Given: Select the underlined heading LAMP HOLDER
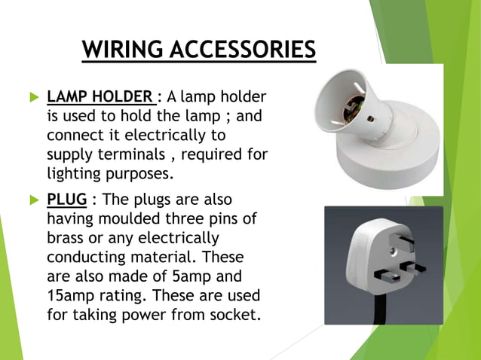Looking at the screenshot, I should pos(101,97).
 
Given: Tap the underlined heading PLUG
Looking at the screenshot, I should pos(66,200).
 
